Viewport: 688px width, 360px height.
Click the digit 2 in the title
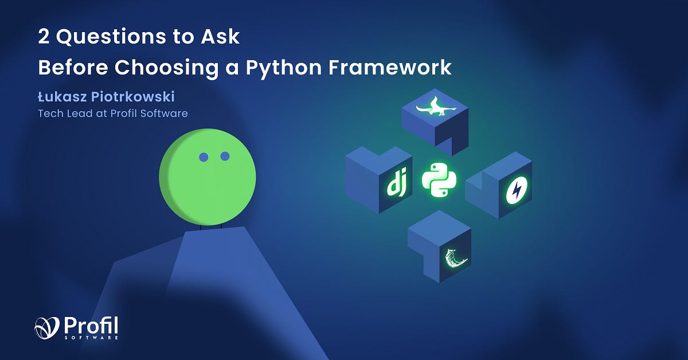point(44,38)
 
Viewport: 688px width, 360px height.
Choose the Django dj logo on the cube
point(396,184)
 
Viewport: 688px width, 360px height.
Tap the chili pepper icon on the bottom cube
point(456,259)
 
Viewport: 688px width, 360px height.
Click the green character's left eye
point(203,156)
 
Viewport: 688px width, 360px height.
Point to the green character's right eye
point(225,156)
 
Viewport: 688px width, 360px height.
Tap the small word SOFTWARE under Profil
point(100,338)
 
